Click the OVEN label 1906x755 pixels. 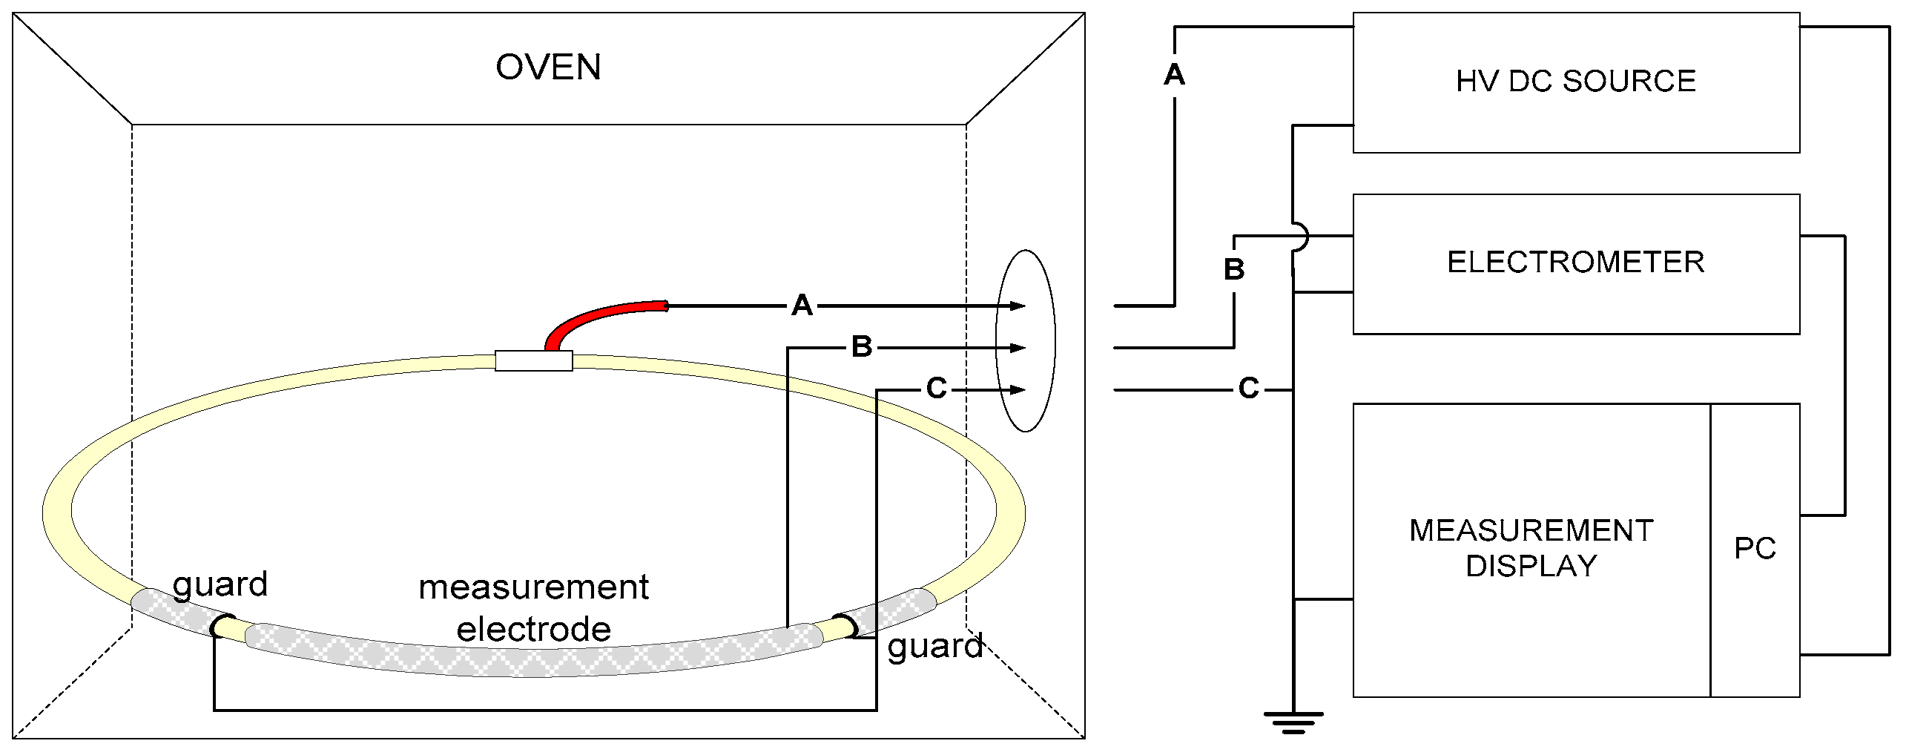point(548,67)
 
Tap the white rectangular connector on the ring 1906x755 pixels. point(533,361)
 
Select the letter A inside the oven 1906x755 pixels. point(802,306)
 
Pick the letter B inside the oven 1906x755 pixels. point(861,347)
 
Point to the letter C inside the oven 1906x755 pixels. point(937,389)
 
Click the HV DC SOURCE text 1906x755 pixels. point(1576,81)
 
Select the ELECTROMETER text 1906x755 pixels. point(1576,263)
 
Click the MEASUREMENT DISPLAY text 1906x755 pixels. point(1531,548)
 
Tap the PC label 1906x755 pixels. point(1755,549)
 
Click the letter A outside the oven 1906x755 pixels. point(1174,75)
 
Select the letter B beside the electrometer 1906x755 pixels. point(1234,270)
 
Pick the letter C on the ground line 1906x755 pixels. point(1249,389)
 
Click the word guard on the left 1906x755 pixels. point(220,584)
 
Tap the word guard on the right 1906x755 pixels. point(935,647)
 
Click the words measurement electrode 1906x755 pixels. point(533,608)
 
